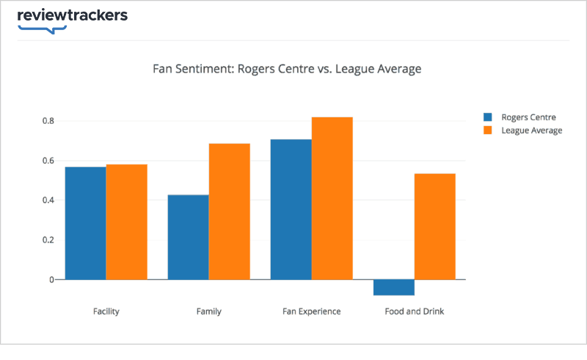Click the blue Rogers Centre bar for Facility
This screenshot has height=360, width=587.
[x=86, y=223]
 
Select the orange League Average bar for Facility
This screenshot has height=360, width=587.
[x=127, y=221]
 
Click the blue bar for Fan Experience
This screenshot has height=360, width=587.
[x=291, y=209]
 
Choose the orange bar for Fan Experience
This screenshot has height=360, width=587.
[x=332, y=198]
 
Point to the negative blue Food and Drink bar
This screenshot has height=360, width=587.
[x=394, y=287]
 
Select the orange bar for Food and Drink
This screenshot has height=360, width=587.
[x=435, y=227]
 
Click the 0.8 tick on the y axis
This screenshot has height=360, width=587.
[x=48, y=121]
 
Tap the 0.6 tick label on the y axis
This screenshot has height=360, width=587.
[x=48, y=161]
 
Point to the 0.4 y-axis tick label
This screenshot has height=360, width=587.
[x=48, y=200]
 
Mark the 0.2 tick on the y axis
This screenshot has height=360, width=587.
[x=48, y=240]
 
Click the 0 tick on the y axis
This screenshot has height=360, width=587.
[x=52, y=279]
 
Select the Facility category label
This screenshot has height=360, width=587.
[x=106, y=312]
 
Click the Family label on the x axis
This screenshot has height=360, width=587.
[x=209, y=312]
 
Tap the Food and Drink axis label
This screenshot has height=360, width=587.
[x=415, y=312]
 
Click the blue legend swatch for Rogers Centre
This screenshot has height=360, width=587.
[x=487, y=117]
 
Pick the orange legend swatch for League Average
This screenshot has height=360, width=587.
[x=487, y=131]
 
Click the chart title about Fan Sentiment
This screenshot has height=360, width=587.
[x=287, y=70]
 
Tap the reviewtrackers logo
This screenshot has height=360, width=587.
[x=72, y=17]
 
